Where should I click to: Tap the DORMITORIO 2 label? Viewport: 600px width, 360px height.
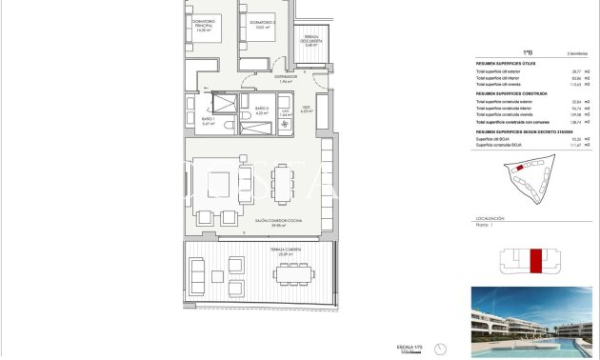click(263, 25)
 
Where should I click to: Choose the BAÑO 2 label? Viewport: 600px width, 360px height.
click(261, 110)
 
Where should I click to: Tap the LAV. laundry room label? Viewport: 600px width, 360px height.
click(285, 110)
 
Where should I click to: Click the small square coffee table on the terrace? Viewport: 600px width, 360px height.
click(218, 276)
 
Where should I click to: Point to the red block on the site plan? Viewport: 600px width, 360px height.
click(519, 168)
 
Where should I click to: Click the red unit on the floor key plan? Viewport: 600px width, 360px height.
click(535, 260)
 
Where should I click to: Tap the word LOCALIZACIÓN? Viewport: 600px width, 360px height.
click(490, 218)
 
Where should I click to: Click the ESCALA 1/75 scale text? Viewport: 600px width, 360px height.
click(409, 346)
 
